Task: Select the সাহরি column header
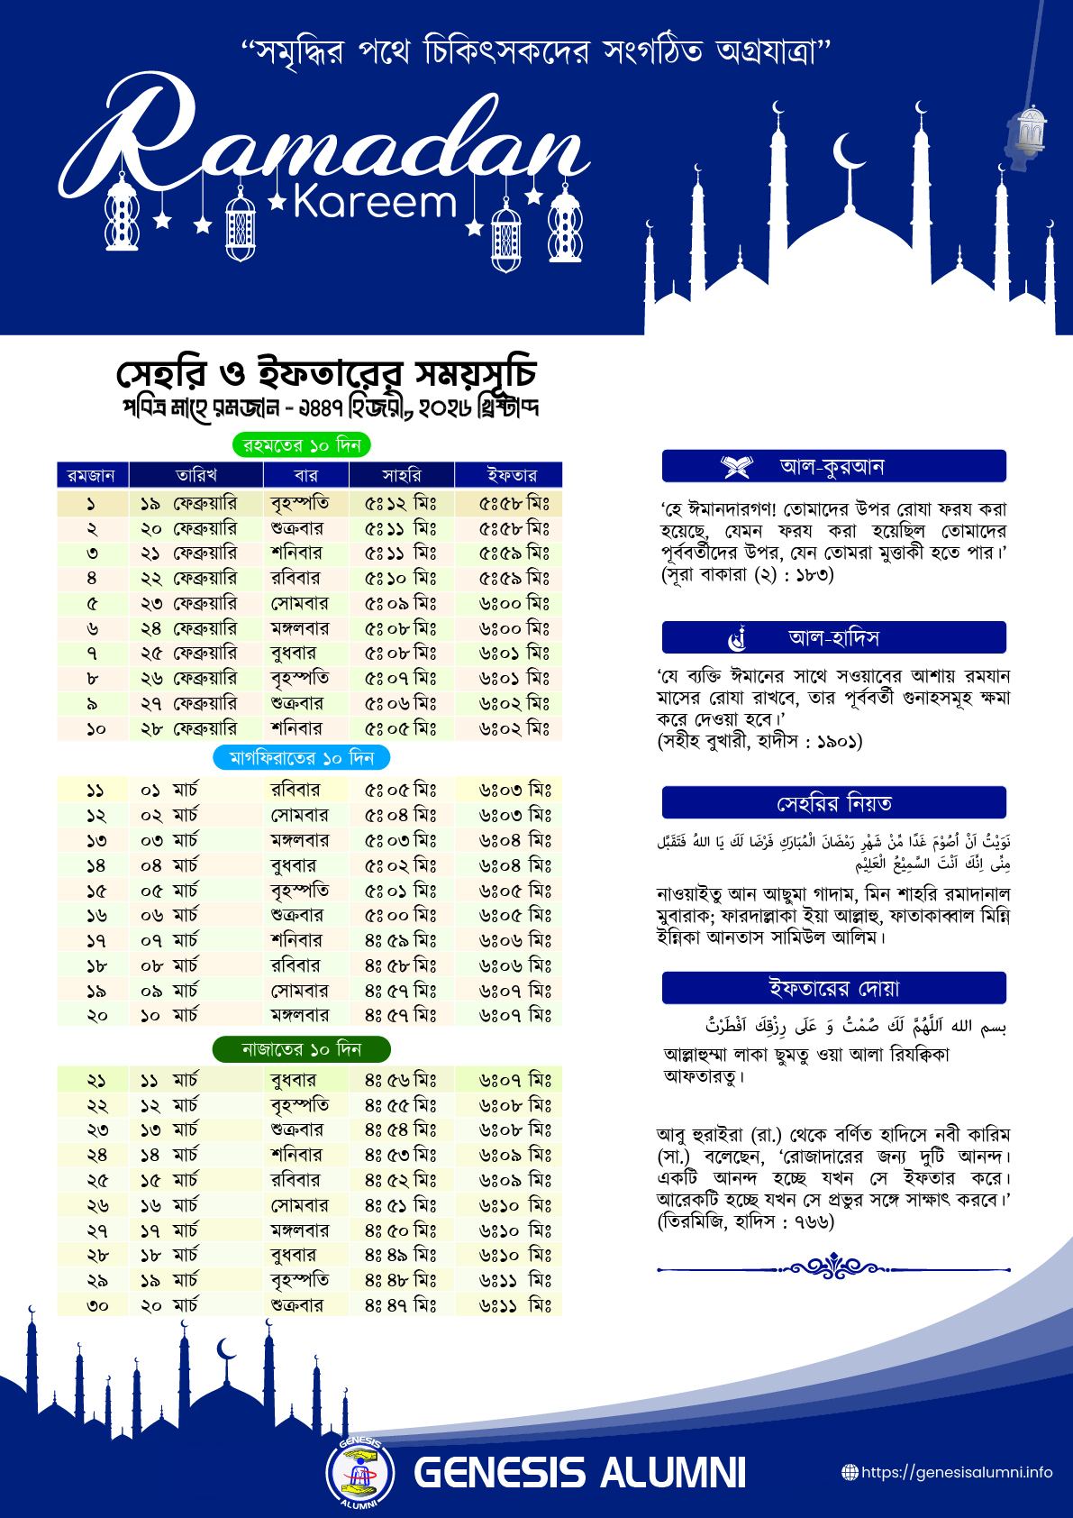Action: (401, 474)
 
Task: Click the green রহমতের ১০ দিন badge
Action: (302, 444)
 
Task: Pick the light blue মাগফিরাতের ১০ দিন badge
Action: (302, 757)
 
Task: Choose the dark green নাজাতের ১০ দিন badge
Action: (301, 1049)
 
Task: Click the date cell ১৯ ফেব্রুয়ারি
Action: (188, 503)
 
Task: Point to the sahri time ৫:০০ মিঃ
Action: (401, 915)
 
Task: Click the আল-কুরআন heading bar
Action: (833, 467)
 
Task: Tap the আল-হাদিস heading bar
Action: (833, 637)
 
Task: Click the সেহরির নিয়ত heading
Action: (833, 802)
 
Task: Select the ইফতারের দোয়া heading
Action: (833, 987)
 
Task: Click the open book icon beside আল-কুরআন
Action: (736, 467)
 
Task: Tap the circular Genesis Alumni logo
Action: (359, 1473)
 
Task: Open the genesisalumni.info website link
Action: (956, 1472)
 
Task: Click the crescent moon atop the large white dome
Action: (846, 150)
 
